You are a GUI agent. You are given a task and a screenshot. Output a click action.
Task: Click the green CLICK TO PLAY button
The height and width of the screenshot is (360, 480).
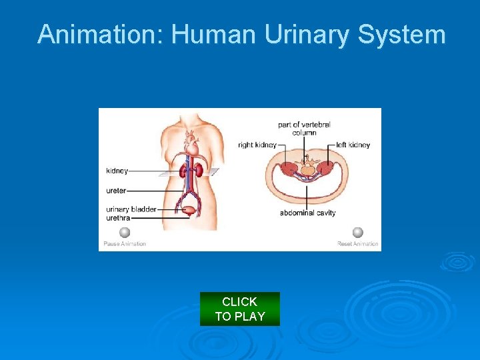point(240,309)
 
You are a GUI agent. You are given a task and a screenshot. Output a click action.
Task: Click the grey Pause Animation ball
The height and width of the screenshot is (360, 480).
point(124,233)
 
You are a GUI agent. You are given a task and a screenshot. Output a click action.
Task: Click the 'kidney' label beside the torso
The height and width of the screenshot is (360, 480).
point(117,171)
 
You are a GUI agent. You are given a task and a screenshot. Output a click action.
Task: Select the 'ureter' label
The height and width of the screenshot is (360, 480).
point(116,191)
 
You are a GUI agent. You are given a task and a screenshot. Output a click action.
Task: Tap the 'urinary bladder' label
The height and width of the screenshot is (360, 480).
point(131,209)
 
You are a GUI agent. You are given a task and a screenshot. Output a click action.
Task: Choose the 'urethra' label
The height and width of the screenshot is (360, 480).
point(117,217)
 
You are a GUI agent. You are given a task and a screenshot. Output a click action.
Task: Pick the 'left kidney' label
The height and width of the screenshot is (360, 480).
point(353,145)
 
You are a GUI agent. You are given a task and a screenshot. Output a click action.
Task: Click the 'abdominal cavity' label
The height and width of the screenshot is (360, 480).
point(307,213)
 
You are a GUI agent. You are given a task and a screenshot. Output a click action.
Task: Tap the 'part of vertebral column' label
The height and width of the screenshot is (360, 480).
point(304,128)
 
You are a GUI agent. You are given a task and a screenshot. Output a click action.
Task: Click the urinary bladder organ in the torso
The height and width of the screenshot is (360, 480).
point(191,210)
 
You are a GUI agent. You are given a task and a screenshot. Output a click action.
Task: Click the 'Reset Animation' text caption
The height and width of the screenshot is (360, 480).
point(358,244)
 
